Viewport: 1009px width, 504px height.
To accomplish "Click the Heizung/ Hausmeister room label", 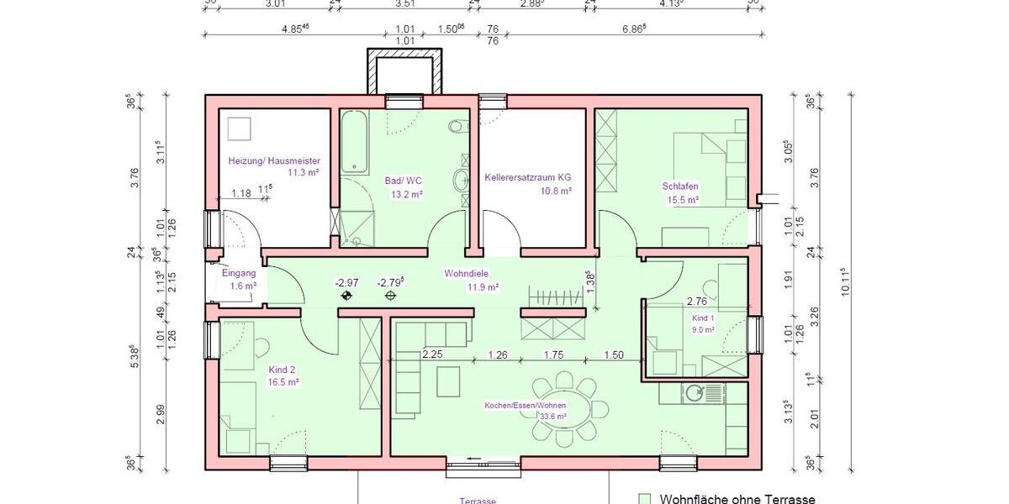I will pyautogui.click(x=274, y=160).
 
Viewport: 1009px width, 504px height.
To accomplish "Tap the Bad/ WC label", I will pyautogui.click(x=403, y=181).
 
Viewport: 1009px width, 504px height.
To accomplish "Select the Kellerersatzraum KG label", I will pyautogui.click(x=528, y=178).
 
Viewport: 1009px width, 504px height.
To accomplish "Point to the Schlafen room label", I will pyautogui.click(x=680, y=186).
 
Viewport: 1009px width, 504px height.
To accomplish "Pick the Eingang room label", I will pyautogui.click(x=238, y=273).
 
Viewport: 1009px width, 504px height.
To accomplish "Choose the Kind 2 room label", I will pyautogui.click(x=283, y=370).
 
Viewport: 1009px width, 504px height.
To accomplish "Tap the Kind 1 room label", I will pyautogui.click(x=703, y=319).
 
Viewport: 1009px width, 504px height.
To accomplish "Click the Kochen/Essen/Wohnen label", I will pyautogui.click(x=525, y=406).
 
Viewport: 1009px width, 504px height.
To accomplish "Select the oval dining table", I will pyautogui.click(x=564, y=409).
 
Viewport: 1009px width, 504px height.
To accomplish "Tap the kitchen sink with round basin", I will pyautogui.click(x=696, y=392).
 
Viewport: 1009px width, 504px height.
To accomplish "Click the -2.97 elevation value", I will pyautogui.click(x=346, y=282).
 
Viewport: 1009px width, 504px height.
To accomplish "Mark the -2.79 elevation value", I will pyautogui.click(x=391, y=282).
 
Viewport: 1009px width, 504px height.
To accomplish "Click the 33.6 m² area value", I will pyautogui.click(x=552, y=416).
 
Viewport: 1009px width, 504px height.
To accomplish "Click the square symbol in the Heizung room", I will pyautogui.click(x=240, y=128).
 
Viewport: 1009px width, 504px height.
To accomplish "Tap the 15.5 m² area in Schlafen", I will pyautogui.click(x=683, y=200).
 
